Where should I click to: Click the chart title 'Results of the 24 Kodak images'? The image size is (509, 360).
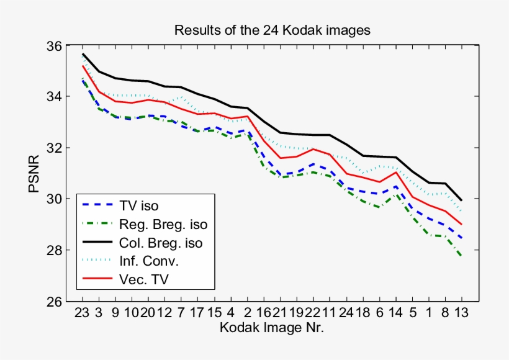[x=272, y=30]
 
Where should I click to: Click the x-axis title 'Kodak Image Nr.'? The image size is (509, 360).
[x=271, y=326]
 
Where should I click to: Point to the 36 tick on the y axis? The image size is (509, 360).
[x=54, y=46]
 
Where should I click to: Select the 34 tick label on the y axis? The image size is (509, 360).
[x=54, y=97]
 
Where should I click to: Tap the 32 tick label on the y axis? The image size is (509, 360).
[x=54, y=148]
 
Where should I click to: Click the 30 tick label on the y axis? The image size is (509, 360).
[x=54, y=199]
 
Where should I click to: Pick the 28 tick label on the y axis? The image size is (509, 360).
[x=54, y=250]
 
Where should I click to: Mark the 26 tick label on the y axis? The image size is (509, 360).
[x=54, y=302]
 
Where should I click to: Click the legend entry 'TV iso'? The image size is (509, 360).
[x=142, y=204]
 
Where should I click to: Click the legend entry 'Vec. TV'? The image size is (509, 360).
[x=146, y=280]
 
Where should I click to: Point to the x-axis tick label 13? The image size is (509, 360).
[x=461, y=312]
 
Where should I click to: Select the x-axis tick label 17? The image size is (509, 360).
[x=198, y=312]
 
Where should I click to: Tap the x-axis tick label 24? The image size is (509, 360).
[x=346, y=312]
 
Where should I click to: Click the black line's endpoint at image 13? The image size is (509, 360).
[x=461, y=200]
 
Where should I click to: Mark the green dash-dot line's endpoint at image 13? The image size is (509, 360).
[x=461, y=256]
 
